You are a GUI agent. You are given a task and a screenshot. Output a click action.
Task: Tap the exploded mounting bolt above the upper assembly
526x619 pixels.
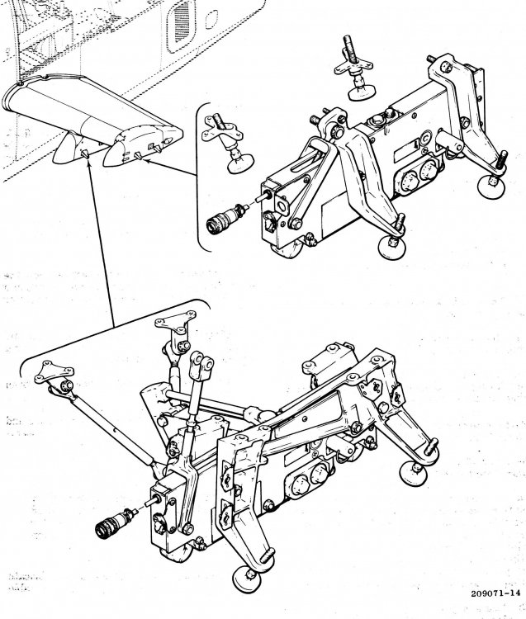(353, 70)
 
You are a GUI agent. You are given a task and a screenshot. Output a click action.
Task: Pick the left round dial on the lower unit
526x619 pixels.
(297, 480)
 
